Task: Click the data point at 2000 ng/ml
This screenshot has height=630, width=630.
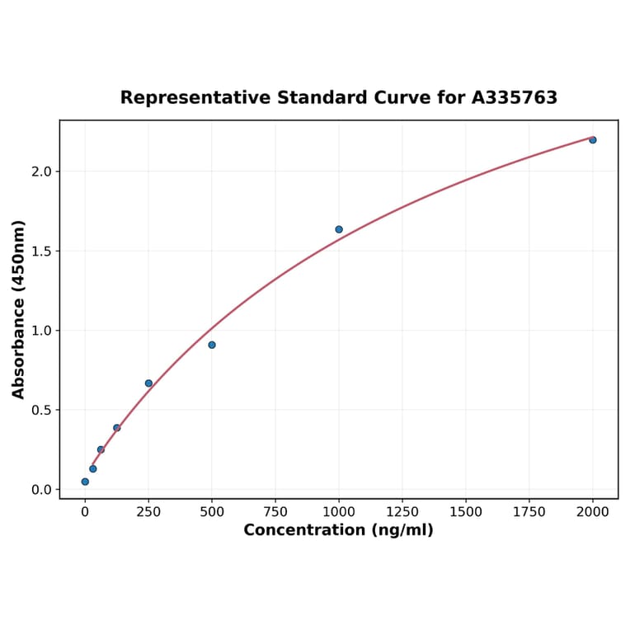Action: click(x=592, y=140)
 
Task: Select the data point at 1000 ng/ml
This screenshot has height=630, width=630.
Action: click(x=339, y=229)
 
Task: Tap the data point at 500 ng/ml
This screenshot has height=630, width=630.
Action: click(x=212, y=345)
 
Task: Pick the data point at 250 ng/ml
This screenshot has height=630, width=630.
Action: click(x=148, y=383)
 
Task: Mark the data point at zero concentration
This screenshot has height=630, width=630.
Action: click(x=85, y=482)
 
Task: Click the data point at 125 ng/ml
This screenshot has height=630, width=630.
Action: click(x=117, y=428)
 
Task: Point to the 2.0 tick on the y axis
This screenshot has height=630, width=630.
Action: click(x=41, y=172)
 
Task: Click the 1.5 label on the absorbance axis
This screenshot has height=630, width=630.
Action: click(x=41, y=252)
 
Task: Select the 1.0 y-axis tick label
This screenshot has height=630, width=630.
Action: click(x=41, y=331)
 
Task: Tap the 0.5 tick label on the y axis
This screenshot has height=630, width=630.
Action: click(x=41, y=411)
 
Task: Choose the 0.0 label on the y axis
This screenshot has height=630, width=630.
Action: click(x=41, y=490)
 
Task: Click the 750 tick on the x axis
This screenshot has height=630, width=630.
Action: click(x=275, y=512)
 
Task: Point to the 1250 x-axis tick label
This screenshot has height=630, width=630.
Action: click(x=402, y=512)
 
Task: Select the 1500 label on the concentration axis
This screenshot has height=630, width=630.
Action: click(x=466, y=512)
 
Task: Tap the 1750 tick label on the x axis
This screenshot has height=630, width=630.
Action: click(x=529, y=512)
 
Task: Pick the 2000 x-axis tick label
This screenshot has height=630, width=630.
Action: click(x=593, y=512)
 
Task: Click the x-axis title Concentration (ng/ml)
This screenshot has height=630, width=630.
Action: click(x=338, y=530)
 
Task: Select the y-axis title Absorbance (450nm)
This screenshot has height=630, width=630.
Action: click(x=19, y=309)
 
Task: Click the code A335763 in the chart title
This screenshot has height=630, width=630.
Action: click(x=515, y=98)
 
